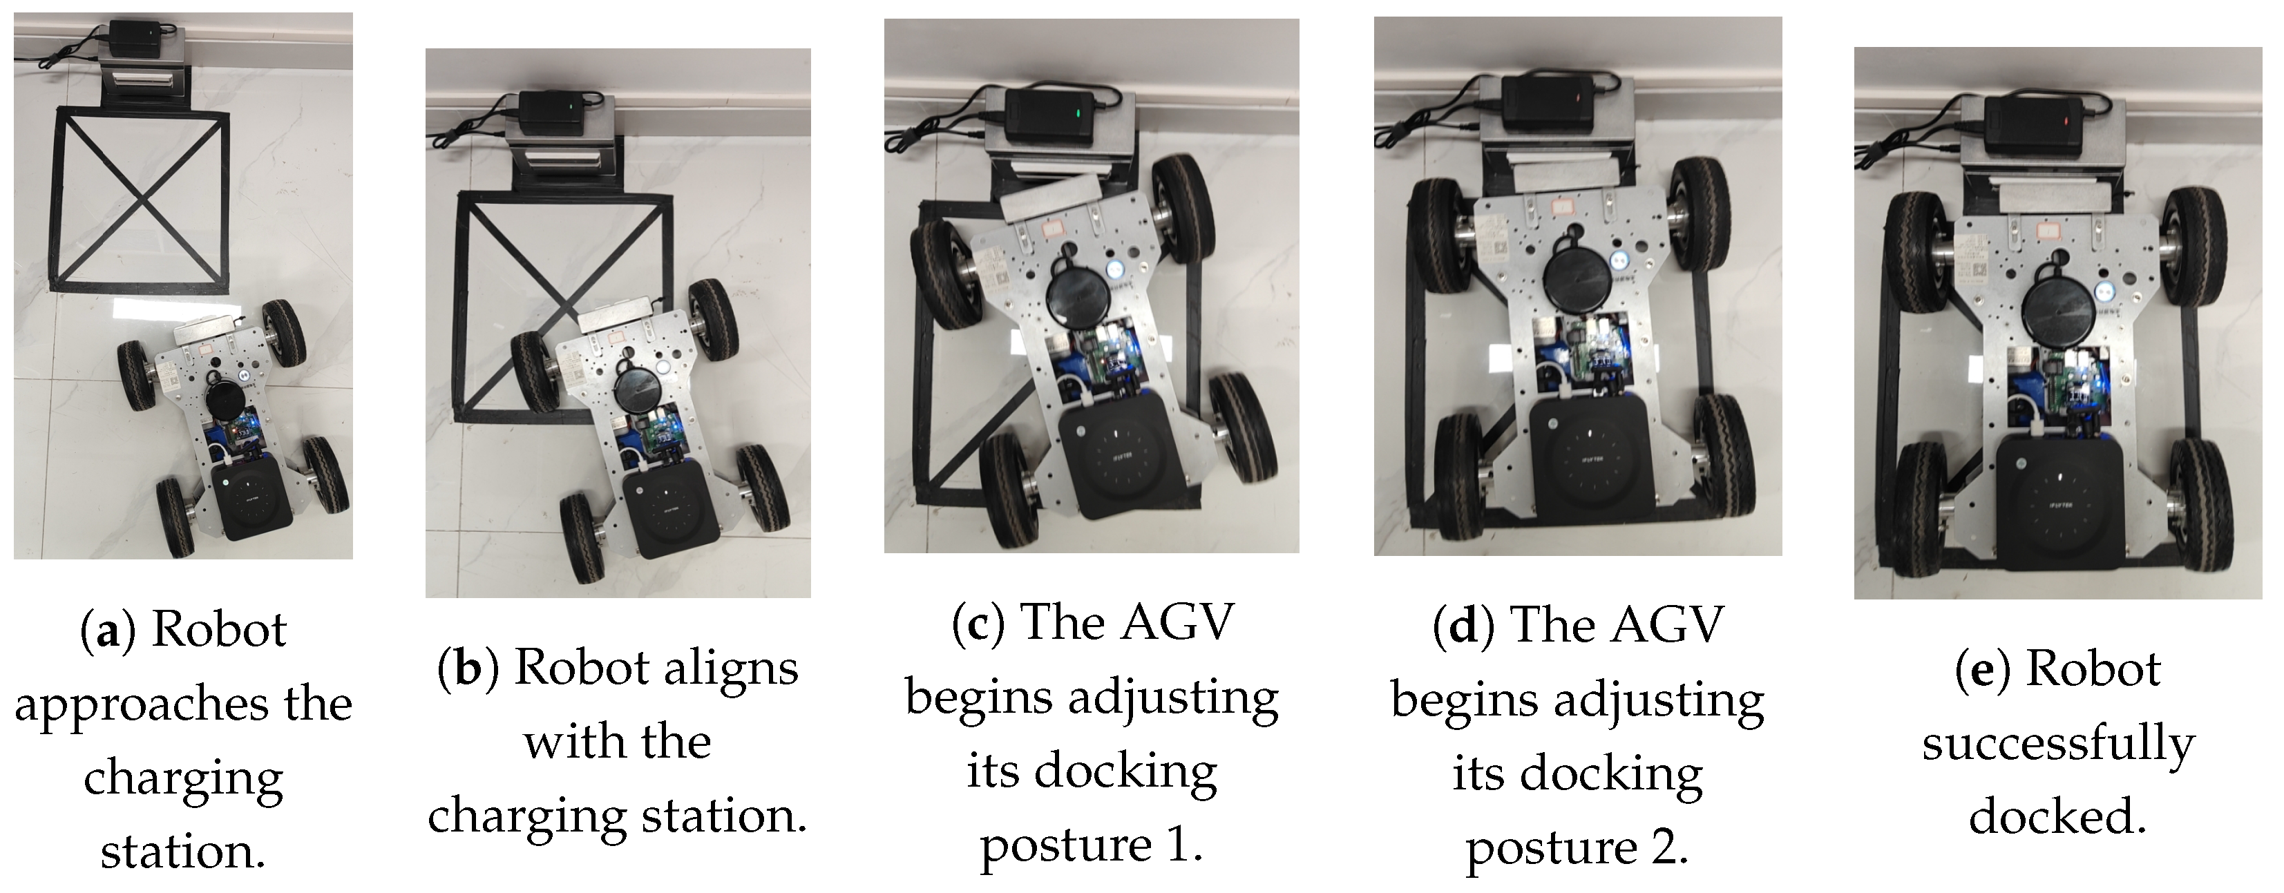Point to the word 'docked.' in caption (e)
(x=2057, y=816)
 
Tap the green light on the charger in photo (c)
(x=1076, y=113)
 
